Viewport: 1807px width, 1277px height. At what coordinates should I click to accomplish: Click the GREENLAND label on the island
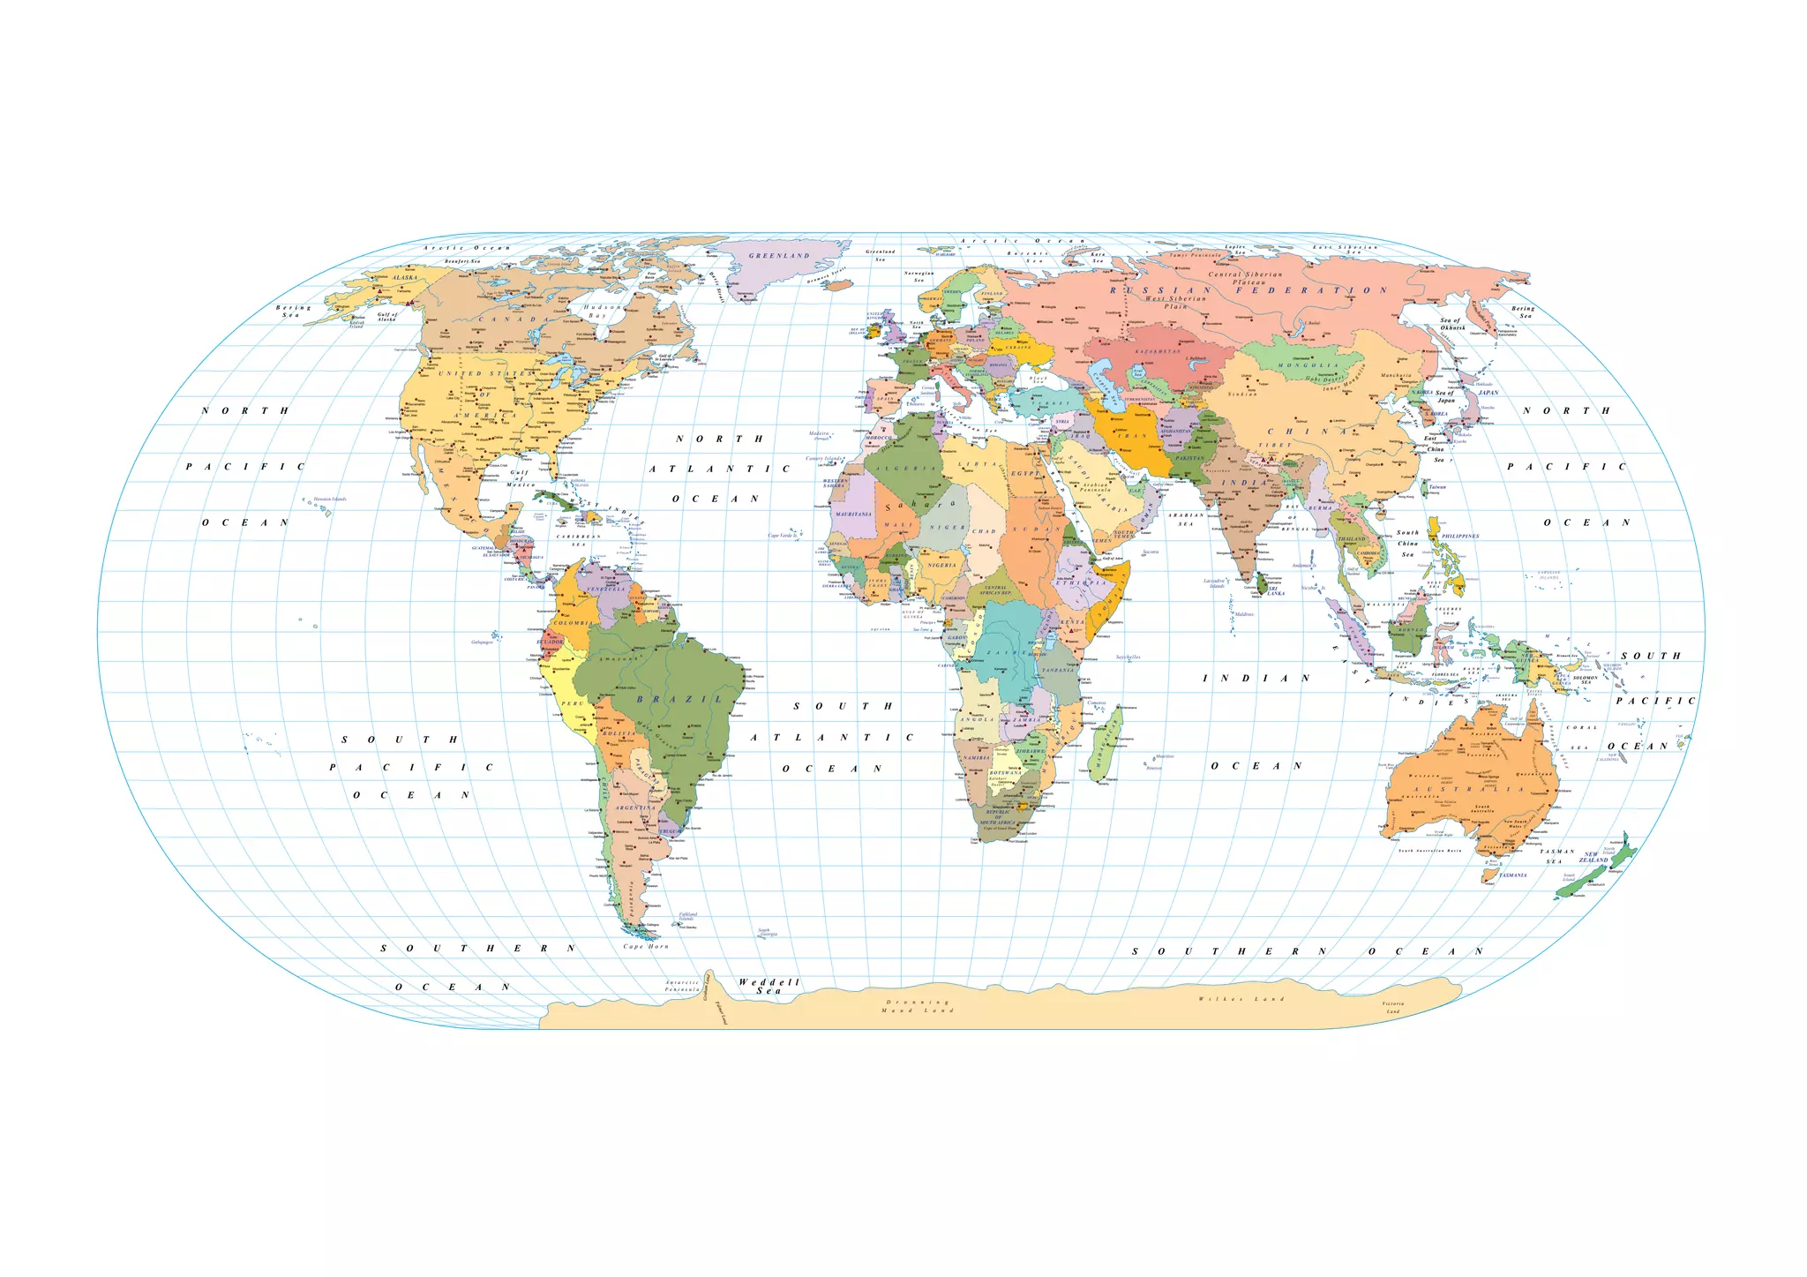click(x=779, y=256)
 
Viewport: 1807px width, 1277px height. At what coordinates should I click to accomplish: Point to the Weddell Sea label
click(x=769, y=987)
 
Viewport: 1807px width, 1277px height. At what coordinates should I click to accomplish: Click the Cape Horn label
click(x=646, y=947)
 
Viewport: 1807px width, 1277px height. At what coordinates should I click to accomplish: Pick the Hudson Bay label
click(x=604, y=312)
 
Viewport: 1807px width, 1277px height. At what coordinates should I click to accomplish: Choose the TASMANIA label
click(x=1512, y=875)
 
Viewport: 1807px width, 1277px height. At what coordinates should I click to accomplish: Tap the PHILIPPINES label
click(x=1460, y=537)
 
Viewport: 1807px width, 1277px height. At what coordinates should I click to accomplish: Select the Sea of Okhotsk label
click(x=1451, y=324)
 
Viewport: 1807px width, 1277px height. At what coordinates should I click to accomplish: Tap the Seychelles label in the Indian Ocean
click(x=1128, y=657)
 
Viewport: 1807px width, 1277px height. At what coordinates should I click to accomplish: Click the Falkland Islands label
click(x=687, y=916)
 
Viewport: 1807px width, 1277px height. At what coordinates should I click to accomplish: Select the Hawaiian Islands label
click(x=330, y=500)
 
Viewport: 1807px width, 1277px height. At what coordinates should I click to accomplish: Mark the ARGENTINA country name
click(x=634, y=808)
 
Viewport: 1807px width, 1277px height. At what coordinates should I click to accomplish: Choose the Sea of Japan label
click(x=1445, y=396)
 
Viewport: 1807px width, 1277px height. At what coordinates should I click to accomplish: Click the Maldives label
click(x=1244, y=614)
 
